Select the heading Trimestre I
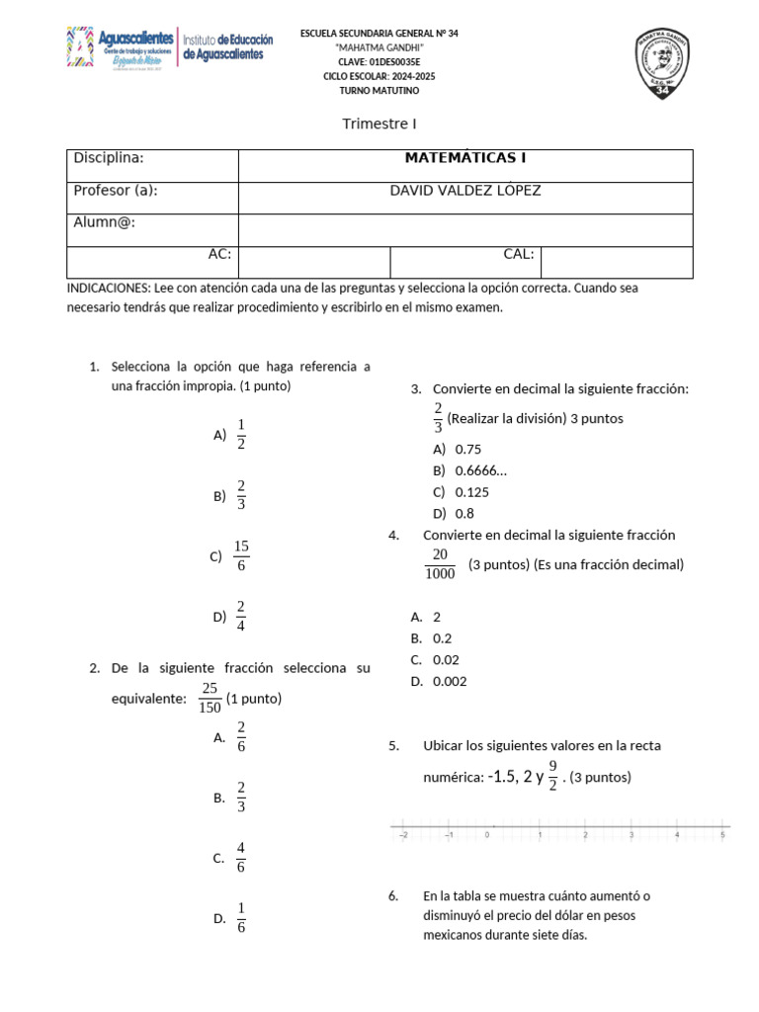(379, 124)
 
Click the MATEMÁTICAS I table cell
(465, 158)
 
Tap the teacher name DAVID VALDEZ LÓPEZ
(465, 191)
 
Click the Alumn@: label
(104, 222)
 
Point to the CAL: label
(519, 254)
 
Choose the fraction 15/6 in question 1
(241, 555)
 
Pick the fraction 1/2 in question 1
(241, 434)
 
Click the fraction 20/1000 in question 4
(440, 564)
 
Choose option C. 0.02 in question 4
(446, 659)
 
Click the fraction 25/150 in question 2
(210, 697)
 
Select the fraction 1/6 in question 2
(241, 918)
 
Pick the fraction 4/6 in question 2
(241, 858)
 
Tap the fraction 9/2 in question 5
(552, 776)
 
